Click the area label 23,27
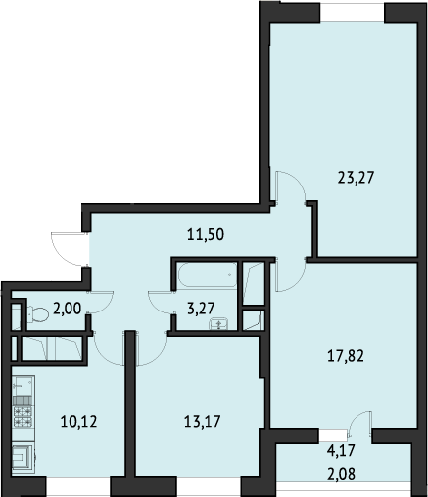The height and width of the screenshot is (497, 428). pos(356,178)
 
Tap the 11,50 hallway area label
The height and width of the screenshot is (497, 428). pos(206,234)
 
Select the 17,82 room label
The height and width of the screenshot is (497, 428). pos(346,356)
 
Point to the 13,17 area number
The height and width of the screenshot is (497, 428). pos(202,422)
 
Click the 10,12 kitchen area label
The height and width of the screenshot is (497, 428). pos(78,422)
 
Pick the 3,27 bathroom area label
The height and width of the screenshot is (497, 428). pos(201,309)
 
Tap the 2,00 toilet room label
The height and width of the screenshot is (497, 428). pos(68,309)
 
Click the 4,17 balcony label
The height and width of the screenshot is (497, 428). pos(341,451)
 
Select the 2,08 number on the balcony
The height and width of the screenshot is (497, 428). pos(341,474)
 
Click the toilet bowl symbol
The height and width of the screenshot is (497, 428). pos(37,314)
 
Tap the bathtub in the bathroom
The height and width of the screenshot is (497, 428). pos(208,275)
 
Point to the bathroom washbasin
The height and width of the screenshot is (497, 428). pos(218,323)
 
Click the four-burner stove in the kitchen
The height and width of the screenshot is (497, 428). pos(23,417)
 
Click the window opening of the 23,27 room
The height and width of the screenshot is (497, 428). pos(352,12)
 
